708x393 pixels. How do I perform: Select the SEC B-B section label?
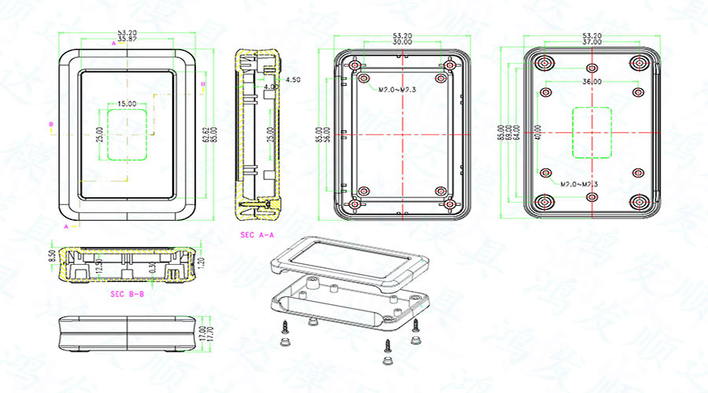click(x=127, y=294)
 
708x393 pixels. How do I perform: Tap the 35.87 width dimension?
click(x=127, y=39)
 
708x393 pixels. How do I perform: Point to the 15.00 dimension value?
click(x=127, y=104)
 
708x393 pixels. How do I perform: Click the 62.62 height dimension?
click(x=205, y=135)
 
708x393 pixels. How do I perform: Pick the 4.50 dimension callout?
click(x=293, y=80)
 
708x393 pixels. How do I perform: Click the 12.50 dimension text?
click(x=99, y=267)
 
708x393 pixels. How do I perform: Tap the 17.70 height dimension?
click(x=208, y=334)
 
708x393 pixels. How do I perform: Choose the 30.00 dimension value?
click(x=402, y=42)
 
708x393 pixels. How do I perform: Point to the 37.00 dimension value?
click(x=592, y=42)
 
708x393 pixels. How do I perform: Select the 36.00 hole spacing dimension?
click(x=592, y=82)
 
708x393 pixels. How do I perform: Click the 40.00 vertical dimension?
click(x=538, y=132)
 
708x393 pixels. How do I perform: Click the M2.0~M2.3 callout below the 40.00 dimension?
click(x=579, y=185)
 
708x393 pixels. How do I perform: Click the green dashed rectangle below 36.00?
click(x=592, y=132)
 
